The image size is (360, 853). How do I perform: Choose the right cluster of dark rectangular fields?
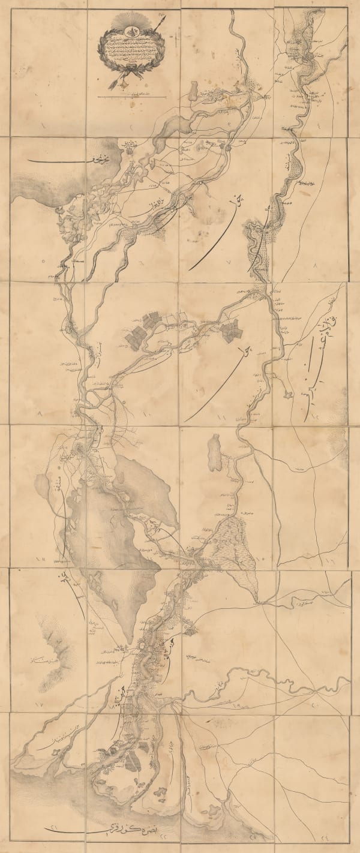pos(230,331)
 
